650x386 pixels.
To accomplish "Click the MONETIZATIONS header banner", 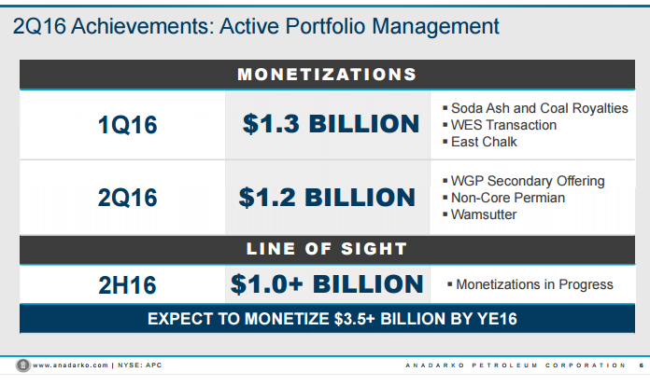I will (x=326, y=75).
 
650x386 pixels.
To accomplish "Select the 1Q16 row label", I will (x=127, y=125).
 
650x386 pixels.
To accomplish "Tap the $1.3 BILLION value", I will (x=331, y=124).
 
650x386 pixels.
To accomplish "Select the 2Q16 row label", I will (x=127, y=198).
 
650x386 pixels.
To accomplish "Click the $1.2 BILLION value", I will (x=327, y=198).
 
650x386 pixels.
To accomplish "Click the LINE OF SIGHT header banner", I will (x=326, y=249).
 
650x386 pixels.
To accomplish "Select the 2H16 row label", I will (x=127, y=284).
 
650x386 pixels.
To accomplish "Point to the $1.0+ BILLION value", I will (x=327, y=284).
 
